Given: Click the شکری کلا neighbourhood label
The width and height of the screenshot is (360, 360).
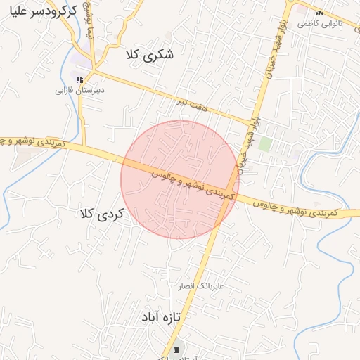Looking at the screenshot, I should [148, 54].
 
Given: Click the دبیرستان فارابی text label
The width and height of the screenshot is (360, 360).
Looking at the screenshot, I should [80, 91].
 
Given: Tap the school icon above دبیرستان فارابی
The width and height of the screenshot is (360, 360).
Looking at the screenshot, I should [80, 79].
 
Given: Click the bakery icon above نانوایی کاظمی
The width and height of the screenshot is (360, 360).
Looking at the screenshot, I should [319, 13].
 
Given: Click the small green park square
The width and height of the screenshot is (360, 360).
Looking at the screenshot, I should [265, 144].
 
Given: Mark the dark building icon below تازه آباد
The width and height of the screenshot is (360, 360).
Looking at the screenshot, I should [176, 349].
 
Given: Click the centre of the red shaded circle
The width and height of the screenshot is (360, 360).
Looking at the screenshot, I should [180, 179].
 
